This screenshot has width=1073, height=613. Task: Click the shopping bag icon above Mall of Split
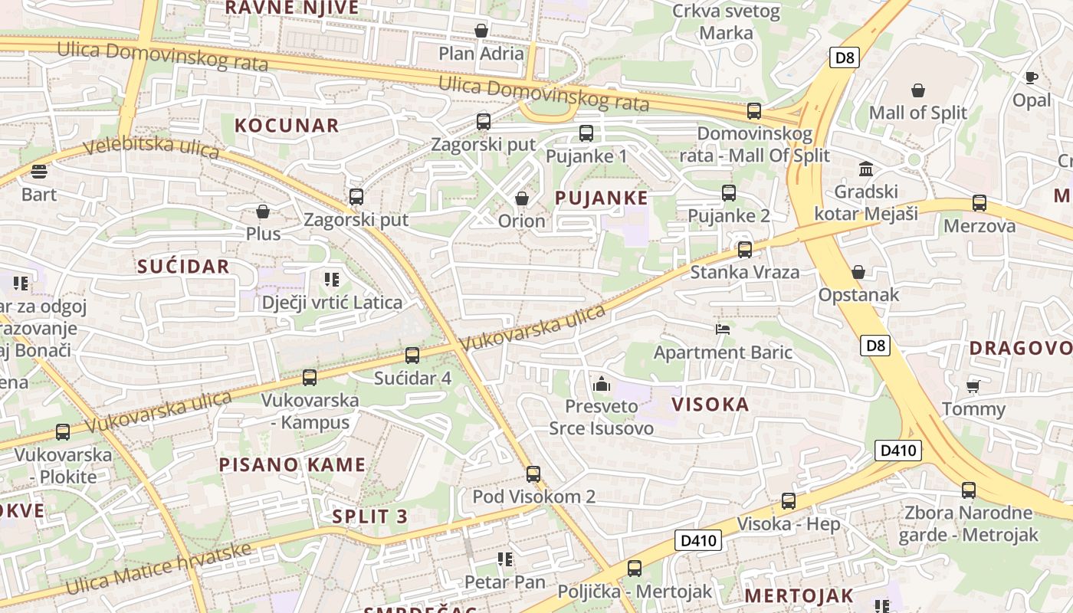point(917,91)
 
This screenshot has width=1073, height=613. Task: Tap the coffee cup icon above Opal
point(1031,77)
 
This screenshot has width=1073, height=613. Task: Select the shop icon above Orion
point(522,199)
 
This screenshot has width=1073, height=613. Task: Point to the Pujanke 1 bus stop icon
point(586,133)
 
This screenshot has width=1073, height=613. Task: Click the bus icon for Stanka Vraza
point(744,250)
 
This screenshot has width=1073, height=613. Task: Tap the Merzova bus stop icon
point(979,203)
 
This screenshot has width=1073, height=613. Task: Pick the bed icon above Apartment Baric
point(722,329)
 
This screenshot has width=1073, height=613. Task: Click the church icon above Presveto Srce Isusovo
point(602,383)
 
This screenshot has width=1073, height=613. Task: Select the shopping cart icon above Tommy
point(973,386)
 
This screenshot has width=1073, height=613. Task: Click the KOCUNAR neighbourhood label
point(287,126)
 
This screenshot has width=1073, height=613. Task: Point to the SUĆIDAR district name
point(183,267)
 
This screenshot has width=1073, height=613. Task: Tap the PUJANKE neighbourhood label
point(601,198)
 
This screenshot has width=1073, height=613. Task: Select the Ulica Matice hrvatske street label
point(159,569)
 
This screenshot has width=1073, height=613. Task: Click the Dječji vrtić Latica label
point(332,303)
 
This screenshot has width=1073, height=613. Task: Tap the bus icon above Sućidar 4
point(412,356)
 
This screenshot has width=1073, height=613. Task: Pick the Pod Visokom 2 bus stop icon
point(533,474)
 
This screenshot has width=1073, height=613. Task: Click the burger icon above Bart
point(39,171)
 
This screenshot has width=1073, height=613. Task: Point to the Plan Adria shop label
point(481,54)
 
